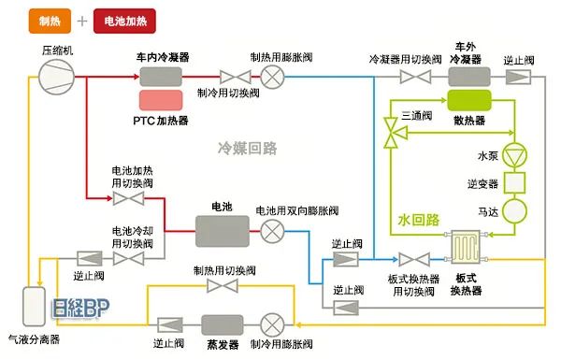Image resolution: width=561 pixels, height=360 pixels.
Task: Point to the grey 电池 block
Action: tap(222, 228)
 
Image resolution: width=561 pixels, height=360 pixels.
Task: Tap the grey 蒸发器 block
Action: tap(223, 324)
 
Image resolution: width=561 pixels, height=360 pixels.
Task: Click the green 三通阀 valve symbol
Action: tap(394, 132)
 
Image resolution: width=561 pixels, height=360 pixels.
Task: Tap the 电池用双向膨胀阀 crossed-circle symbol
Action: tap(272, 228)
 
